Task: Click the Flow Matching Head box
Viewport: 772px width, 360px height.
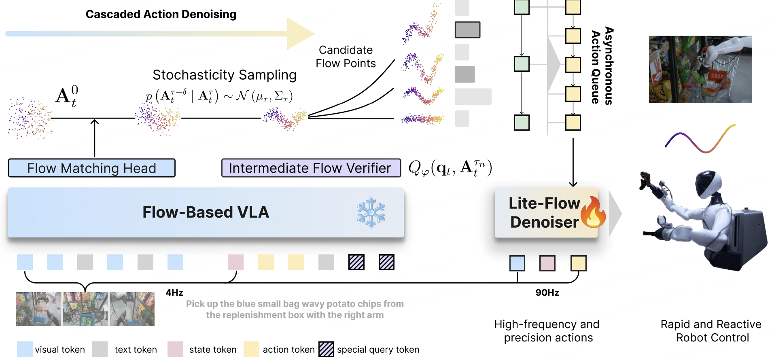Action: coord(91,168)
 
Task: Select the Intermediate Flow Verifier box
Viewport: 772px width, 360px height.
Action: coord(311,168)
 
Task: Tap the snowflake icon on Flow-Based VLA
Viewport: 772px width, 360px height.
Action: coord(371,213)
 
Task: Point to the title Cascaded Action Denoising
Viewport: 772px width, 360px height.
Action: coord(161,14)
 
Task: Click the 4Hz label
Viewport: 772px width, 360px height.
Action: coord(174,292)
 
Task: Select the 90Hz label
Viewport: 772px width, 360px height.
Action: coord(547,292)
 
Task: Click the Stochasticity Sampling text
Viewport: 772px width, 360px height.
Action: coord(225,75)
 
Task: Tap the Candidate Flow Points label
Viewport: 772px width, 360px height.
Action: coord(346,57)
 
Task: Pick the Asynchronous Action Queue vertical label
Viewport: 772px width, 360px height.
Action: coord(602,66)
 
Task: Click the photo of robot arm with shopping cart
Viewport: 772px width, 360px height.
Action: coord(700,69)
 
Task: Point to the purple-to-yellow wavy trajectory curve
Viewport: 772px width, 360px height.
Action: coord(700,140)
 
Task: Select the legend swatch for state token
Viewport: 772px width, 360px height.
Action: coord(175,349)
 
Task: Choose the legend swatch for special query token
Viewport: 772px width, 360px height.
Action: coord(326,349)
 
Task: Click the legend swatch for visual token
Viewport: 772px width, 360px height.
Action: coord(25,349)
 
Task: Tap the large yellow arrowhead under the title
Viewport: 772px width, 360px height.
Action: coord(300,34)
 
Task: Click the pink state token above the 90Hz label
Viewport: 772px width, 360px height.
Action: coord(547,263)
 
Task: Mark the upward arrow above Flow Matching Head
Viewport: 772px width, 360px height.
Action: coord(95,138)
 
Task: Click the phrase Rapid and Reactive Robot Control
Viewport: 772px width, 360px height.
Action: coord(711,331)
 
